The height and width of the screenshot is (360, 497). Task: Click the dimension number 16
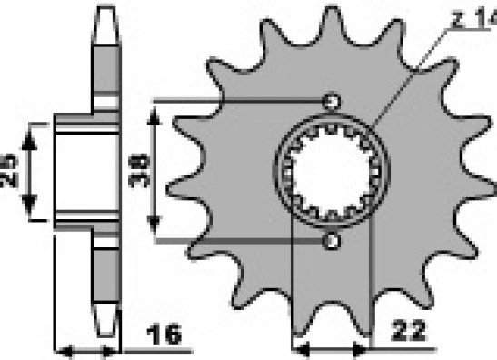click(164, 335)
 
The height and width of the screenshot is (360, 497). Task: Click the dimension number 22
click(408, 331)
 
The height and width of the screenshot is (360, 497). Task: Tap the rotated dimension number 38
click(138, 171)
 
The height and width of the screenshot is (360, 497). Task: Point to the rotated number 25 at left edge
click(9, 171)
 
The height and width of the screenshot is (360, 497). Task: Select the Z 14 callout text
click(474, 19)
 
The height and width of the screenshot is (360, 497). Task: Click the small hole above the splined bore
click(332, 102)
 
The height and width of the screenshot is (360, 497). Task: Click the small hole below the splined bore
click(332, 241)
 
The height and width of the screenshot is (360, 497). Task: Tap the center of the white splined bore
click(332, 172)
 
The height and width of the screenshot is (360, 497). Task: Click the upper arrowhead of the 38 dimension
click(154, 116)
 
